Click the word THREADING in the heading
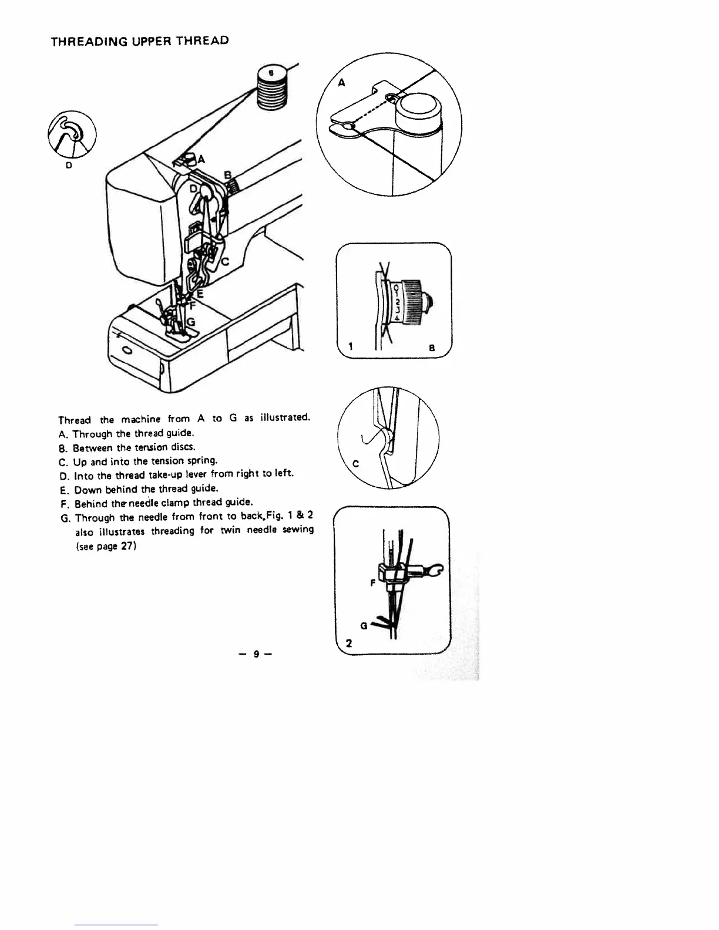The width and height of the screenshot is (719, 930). [83, 42]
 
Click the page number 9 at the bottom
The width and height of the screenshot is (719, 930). [256, 653]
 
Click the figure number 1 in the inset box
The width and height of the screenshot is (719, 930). [350, 347]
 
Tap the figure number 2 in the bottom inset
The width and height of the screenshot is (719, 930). [349, 643]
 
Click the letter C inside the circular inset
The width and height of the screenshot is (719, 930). [355, 464]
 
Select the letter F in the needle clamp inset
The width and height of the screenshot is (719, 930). [372, 583]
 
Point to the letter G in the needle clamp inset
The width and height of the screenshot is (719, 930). [364, 626]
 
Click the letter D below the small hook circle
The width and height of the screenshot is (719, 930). [69, 166]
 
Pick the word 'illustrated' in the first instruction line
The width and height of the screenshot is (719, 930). [285, 418]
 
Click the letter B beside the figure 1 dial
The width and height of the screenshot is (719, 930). [432, 348]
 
